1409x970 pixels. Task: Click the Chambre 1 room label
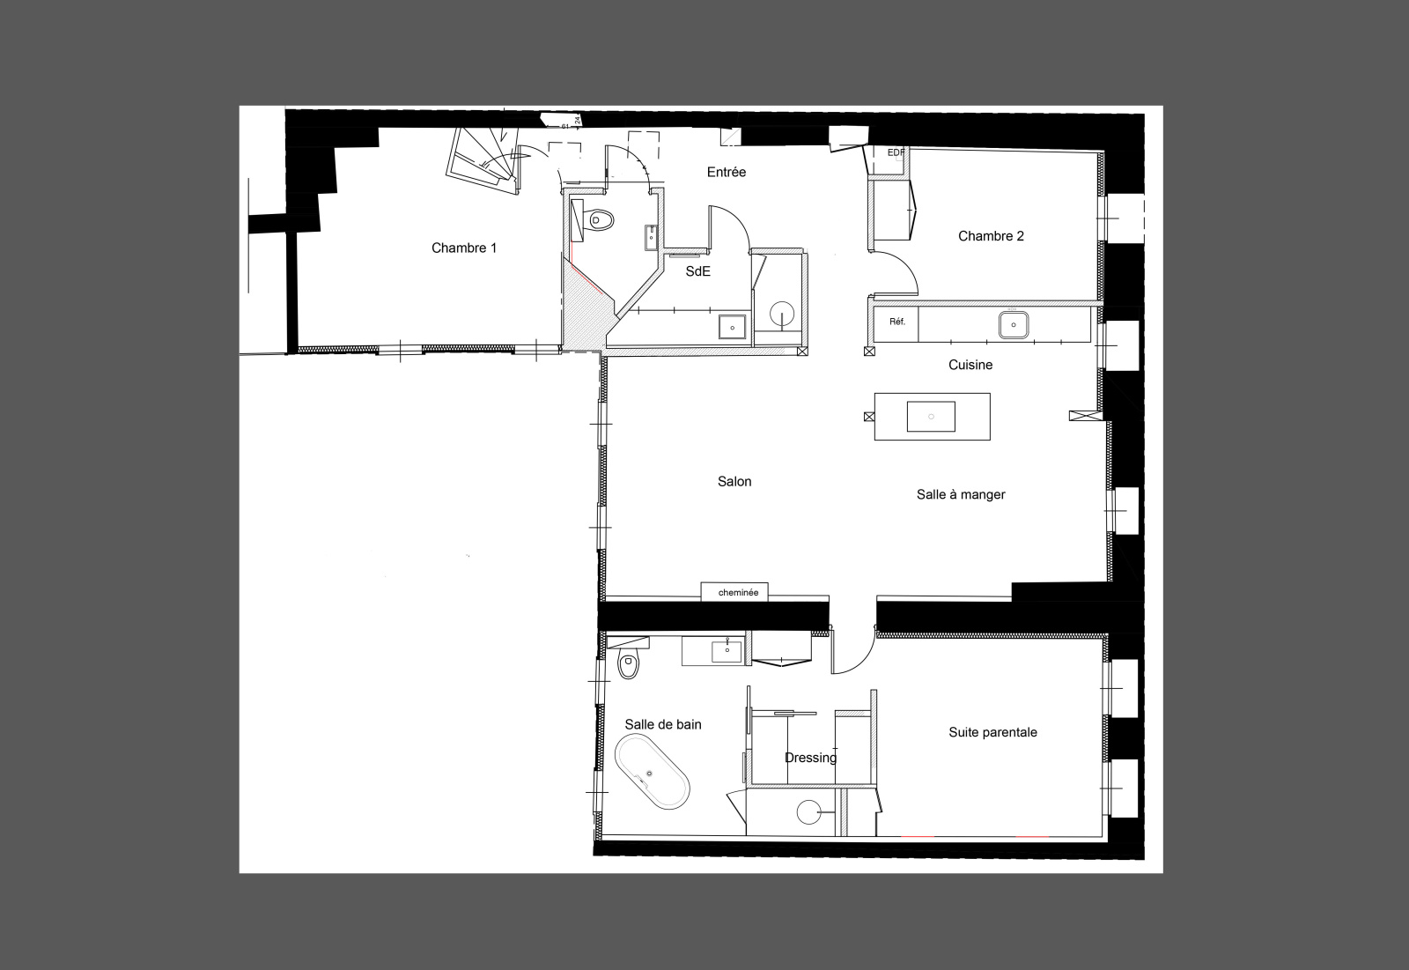click(x=463, y=248)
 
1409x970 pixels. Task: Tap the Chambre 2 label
click(x=991, y=236)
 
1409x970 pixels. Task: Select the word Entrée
click(x=726, y=172)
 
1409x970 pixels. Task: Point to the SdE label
click(x=697, y=271)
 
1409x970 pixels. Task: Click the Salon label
click(x=734, y=482)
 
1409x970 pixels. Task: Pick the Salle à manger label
click(x=961, y=495)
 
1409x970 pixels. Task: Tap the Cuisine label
click(x=970, y=365)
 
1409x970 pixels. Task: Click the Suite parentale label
click(x=992, y=732)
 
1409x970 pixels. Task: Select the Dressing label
click(x=810, y=758)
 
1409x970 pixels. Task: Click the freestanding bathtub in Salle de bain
click(x=653, y=772)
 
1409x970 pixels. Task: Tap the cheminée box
click(x=734, y=592)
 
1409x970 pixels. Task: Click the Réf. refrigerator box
click(x=896, y=324)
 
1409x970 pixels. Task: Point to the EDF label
click(x=896, y=153)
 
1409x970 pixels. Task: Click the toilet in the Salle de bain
click(x=628, y=664)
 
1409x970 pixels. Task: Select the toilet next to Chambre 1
click(x=600, y=220)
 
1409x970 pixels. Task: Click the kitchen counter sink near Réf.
click(x=1014, y=325)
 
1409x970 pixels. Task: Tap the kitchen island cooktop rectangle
click(x=931, y=417)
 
